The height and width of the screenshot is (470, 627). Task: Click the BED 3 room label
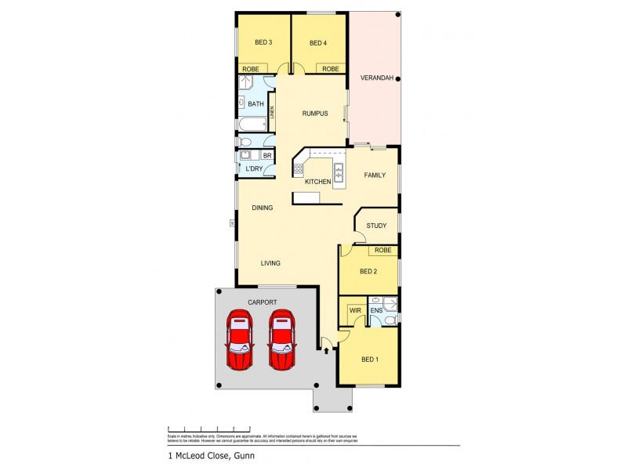263,42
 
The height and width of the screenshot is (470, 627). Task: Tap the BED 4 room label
317,42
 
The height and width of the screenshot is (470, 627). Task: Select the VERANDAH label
375,78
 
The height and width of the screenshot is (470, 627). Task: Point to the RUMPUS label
314,114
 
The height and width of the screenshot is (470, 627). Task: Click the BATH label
256,104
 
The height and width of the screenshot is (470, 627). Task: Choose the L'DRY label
254,169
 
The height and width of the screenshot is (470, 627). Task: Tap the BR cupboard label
267,156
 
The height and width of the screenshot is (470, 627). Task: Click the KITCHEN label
317,182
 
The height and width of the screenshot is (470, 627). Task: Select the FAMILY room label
375,175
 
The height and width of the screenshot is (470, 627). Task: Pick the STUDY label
377,226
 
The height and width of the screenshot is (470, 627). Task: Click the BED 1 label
369,360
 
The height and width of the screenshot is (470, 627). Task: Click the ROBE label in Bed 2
382,251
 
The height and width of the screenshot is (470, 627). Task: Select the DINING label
263,208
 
